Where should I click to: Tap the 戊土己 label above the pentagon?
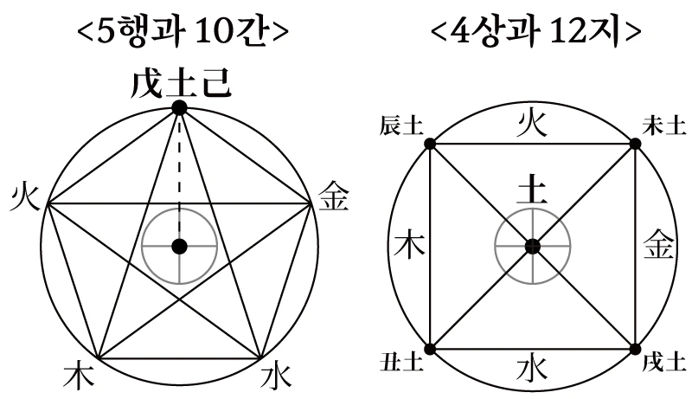pos(180,84)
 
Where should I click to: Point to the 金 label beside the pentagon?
pos(334,197)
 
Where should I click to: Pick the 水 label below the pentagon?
pos(276,376)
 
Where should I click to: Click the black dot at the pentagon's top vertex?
pos(179,107)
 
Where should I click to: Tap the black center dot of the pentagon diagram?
pos(179,247)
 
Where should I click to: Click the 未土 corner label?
pos(664,126)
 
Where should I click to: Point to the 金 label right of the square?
pos(657,247)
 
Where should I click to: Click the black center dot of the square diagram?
pos(532,247)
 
